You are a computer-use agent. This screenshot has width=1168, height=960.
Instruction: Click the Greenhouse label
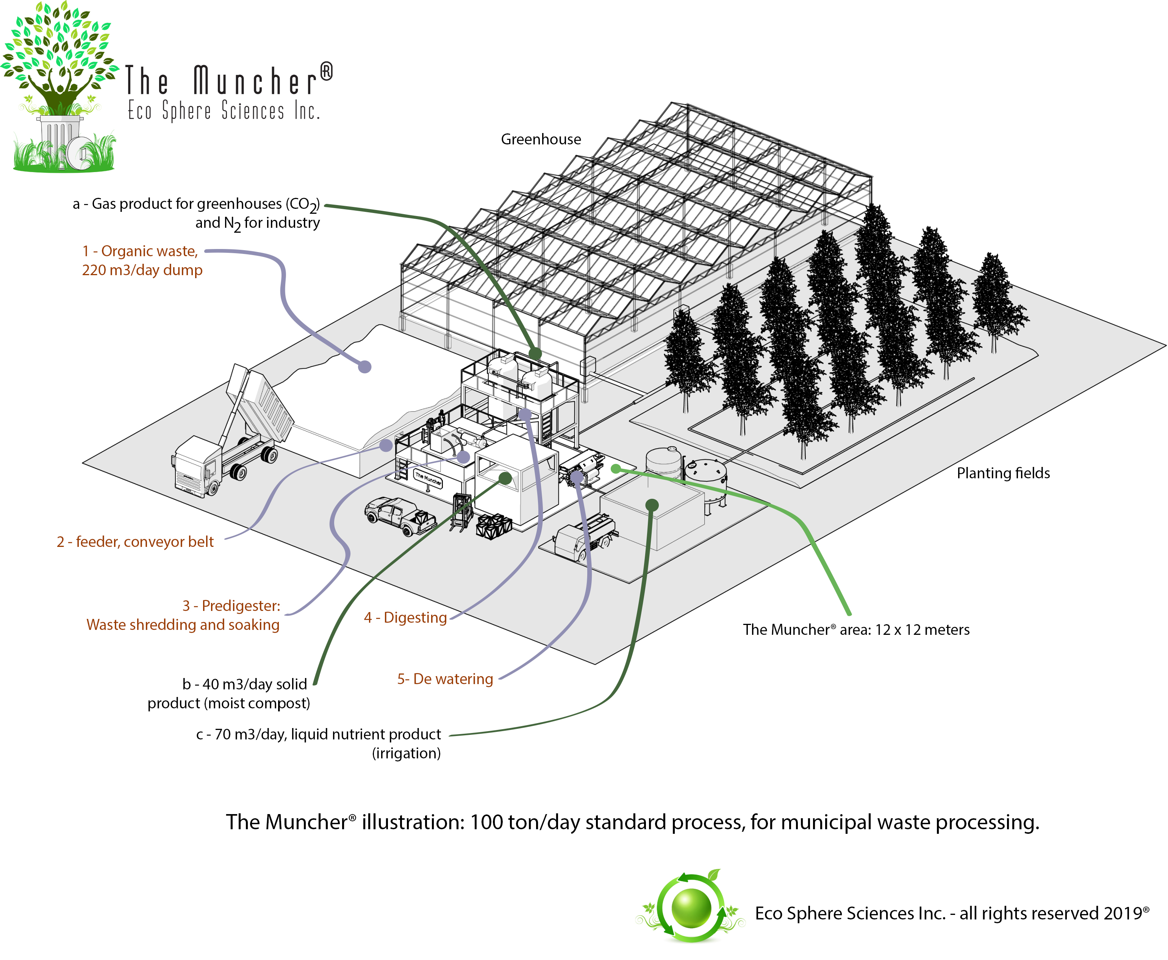tap(541, 139)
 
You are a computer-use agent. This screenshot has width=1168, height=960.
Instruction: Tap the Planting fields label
tap(1003, 473)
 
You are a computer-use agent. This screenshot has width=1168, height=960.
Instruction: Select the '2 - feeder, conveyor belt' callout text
tap(135, 542)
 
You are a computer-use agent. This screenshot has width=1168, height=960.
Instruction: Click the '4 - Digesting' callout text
tap(405, 618)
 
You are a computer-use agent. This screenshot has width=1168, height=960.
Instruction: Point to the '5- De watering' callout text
tap(445, 679)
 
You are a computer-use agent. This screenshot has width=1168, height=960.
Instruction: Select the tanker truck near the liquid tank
tap(586, 536)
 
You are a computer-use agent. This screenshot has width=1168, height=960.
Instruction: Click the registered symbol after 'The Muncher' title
tap(327, 71)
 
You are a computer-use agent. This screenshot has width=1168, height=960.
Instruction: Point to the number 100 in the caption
tap(486, 822)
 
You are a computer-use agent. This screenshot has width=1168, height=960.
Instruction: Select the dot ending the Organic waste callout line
tap(365, 366)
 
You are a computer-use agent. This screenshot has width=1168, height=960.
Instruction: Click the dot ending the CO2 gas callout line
tap(535, 353)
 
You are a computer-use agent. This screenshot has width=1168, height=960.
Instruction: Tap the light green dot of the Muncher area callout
tap(616, 469)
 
